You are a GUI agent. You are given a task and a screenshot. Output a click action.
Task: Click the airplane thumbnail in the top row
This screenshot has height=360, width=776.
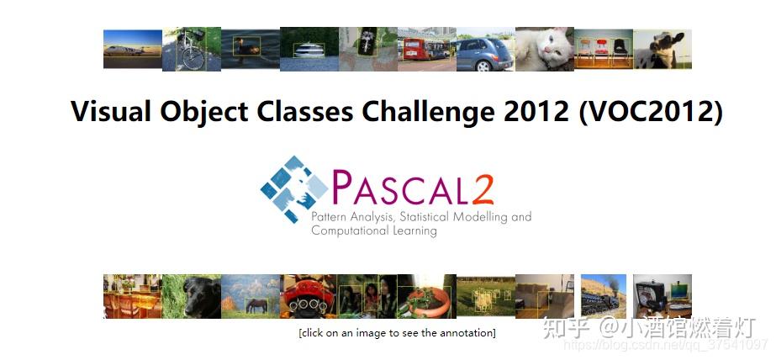tap(133, 49)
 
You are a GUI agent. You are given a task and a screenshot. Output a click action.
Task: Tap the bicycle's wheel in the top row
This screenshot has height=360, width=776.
tap(193, 58)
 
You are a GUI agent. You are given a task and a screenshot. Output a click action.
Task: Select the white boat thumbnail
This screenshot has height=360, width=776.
tap(309, 49)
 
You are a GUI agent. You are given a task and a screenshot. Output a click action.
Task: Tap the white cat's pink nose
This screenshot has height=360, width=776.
tap(546, 50)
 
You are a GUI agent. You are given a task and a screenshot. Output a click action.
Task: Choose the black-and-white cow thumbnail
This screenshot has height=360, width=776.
tap(663, 49)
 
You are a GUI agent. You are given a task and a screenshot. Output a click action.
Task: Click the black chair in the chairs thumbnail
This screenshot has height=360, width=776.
tap(620, 49)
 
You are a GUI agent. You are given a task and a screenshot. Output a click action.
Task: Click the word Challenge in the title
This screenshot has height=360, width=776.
tap(428, 111)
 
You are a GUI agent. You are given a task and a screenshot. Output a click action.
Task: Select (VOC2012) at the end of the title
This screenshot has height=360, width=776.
tap(650, 111)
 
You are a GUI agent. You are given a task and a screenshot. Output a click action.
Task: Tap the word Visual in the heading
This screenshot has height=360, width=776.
tap(111, 111)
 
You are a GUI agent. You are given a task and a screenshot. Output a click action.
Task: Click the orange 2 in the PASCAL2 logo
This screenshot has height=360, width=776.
tap(482, 188)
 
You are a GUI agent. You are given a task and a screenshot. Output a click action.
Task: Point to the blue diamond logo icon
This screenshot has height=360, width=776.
tap(294, 188)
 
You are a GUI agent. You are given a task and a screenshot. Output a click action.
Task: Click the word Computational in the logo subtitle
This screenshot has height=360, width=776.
tap(344, 230)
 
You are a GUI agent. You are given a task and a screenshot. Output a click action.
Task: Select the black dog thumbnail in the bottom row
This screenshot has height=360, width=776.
tap(192, 296)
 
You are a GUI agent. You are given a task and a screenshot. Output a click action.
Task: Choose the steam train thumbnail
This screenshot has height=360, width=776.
tap(604, 296)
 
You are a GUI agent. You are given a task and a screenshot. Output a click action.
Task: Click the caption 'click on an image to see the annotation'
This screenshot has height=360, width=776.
tap(397, 333)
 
